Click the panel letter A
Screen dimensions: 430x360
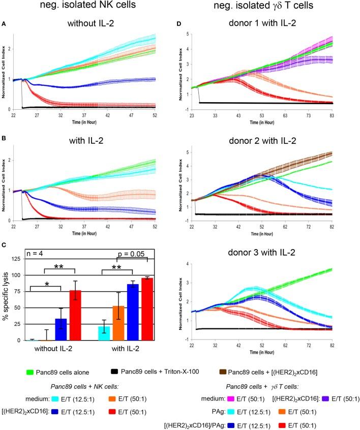[x=4, y=23]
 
